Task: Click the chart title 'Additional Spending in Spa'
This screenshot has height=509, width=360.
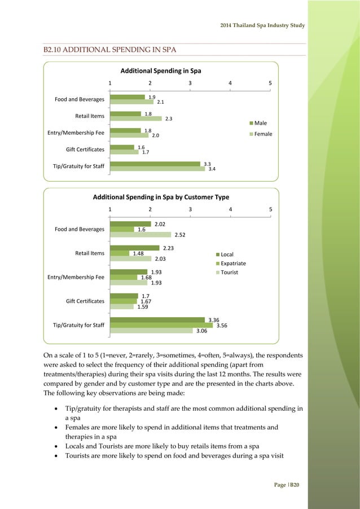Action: click(161, 71)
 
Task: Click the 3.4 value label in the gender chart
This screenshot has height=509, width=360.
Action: click(212, 169)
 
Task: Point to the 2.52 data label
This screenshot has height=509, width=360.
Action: click(181, 235)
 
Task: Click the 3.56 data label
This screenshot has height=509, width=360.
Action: click(222, 326)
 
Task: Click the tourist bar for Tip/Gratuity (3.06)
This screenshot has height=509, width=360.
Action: click(152, 331)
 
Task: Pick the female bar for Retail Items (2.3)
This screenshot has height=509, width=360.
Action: click(135, 119)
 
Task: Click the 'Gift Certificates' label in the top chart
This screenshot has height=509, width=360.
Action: click(85, 150)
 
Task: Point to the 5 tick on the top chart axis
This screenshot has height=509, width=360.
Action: click(271, 82)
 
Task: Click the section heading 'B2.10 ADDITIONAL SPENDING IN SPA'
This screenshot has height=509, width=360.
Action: click(110, 50)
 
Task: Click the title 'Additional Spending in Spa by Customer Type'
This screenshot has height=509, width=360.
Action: click(161, 197)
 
